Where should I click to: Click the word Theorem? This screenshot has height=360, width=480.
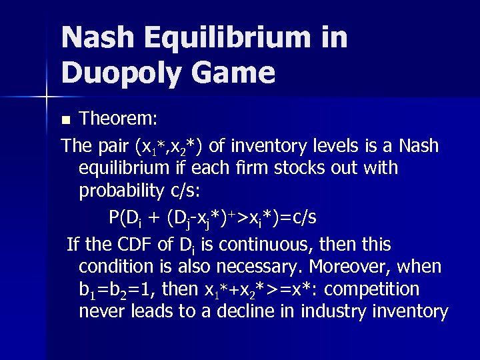pos(118,119)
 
